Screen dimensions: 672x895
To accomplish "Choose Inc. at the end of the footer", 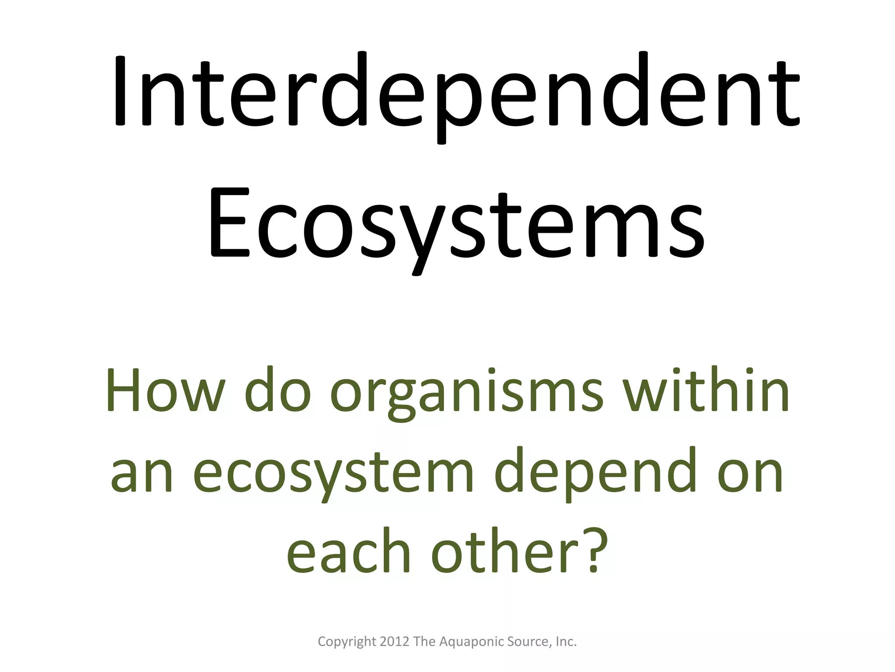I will (566, 641).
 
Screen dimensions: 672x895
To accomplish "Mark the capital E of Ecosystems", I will (229, 223).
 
